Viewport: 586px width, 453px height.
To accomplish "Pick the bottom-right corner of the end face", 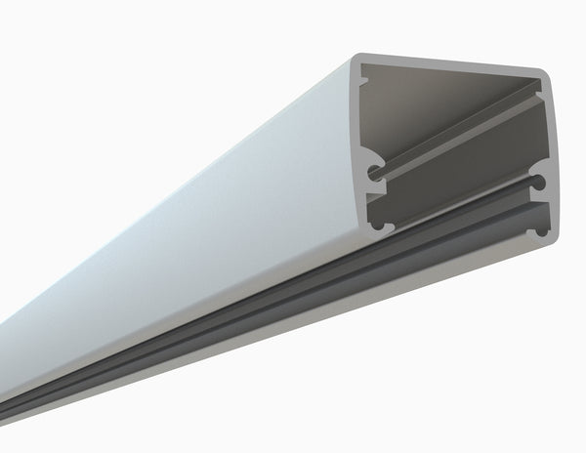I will pyautogui.click(x=547, y=244).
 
